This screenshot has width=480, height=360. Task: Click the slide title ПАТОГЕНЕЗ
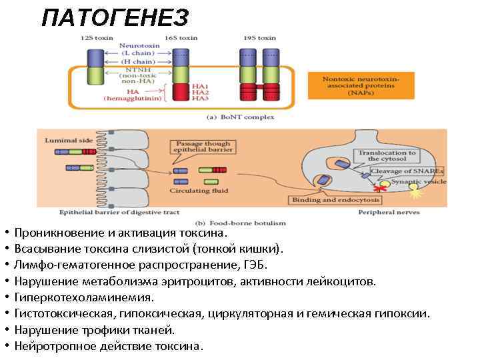pos(115,17)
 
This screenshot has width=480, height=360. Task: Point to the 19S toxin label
pos(260,38)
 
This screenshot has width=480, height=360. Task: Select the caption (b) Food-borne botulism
pos(239,223)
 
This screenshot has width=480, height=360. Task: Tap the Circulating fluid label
pos(199,191)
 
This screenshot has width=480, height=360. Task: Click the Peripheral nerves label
pos(389,212)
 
